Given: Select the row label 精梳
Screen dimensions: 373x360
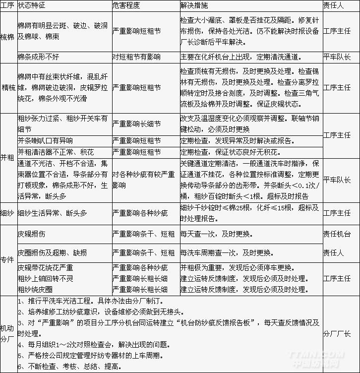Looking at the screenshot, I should pos(8,88).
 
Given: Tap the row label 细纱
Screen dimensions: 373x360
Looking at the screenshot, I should pos(8,213).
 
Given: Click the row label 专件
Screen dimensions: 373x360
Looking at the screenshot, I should pos(8,260).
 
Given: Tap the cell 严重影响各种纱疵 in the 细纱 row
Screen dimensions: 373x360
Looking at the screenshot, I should pos(140,213).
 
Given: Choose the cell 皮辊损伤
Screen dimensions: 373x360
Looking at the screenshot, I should pos(31,233).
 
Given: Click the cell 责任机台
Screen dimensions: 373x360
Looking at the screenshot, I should pos(337,233).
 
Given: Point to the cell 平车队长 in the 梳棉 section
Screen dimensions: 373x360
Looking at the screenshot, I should pos(337,57).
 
